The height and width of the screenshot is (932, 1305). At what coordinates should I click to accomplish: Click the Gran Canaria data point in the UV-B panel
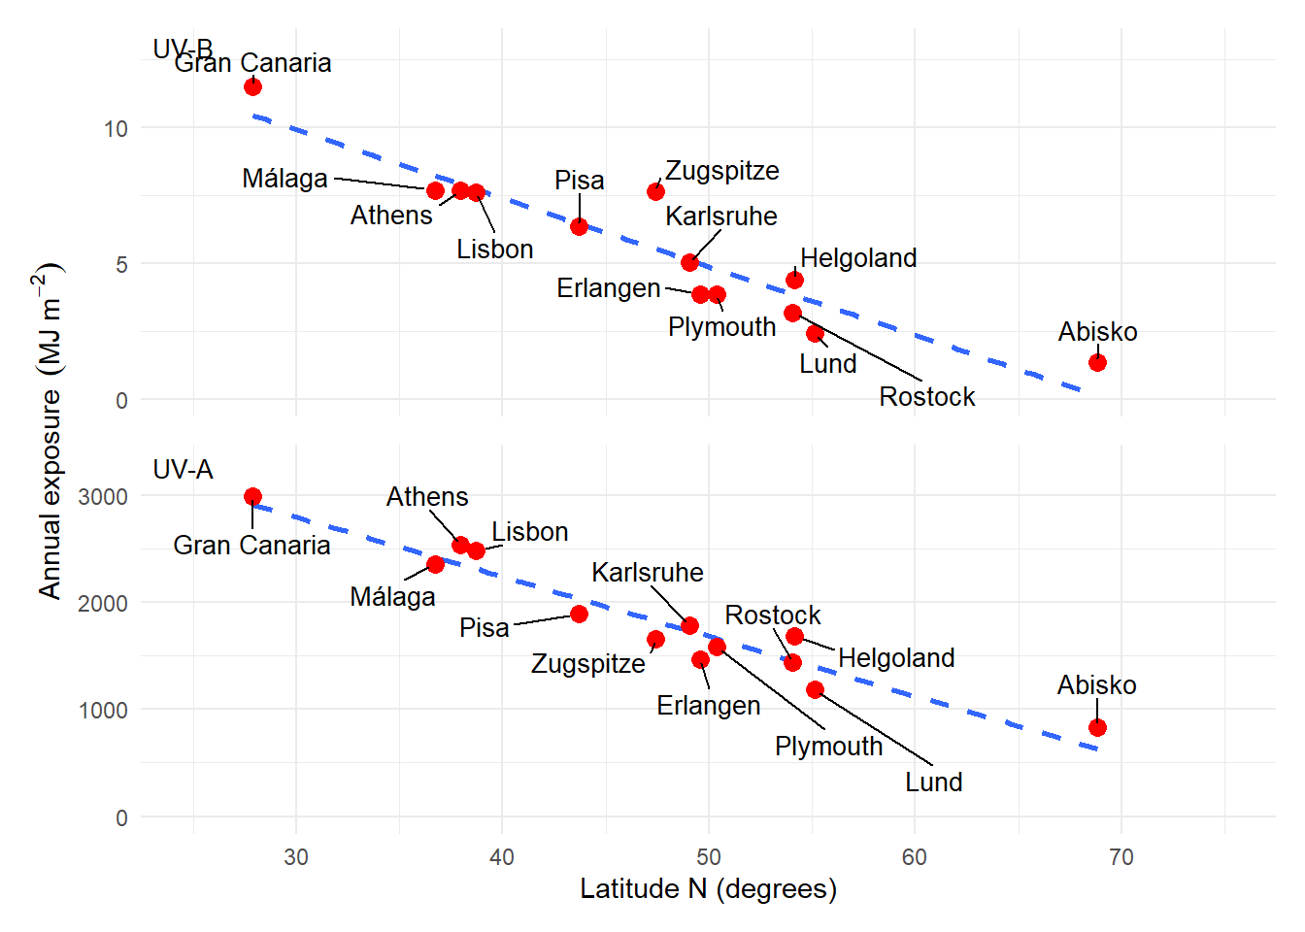pos(252,86)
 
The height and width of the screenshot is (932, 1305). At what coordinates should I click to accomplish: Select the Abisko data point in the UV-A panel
pos(1097,727)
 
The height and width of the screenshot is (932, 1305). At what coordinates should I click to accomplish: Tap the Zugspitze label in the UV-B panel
pos(722,171)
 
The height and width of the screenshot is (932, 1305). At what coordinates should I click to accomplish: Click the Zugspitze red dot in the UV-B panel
pos(656,191)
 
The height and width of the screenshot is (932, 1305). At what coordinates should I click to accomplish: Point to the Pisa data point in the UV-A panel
pos(579,614)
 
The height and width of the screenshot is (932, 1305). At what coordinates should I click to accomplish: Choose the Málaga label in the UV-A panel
pos(392,597)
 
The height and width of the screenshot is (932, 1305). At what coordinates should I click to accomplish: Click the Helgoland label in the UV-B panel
pos(858,258)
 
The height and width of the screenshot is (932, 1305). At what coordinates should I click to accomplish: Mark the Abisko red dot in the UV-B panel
pos(1097,362)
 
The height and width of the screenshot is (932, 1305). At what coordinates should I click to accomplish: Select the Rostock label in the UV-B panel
pos(927,397)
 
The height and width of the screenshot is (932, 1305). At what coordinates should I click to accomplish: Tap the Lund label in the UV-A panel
pos(934,782)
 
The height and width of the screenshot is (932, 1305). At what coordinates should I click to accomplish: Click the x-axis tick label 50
pos(709,857)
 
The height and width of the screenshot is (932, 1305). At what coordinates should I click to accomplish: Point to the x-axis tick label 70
pos(1121,857)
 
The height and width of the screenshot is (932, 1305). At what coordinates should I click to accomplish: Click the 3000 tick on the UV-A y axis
pos(103,497)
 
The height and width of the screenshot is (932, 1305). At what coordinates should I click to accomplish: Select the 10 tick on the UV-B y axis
pos(116,129)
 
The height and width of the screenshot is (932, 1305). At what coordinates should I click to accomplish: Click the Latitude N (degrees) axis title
pos(708,889)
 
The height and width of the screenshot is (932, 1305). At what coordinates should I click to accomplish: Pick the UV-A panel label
pos(183,470)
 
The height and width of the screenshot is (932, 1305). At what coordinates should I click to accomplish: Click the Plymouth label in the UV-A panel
pos(829,747)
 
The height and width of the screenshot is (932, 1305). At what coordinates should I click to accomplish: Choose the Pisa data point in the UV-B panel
pos(579,226)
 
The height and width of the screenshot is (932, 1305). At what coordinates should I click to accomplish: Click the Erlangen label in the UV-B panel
pos(609,288)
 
